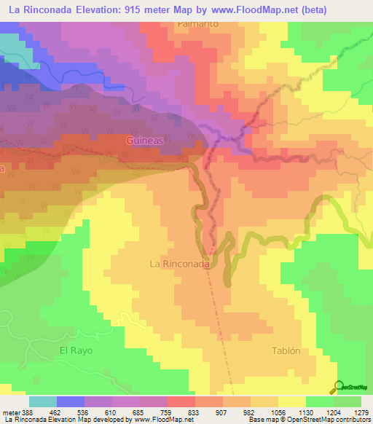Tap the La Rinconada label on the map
(x=180, y=264)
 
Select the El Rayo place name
(x=76, y=350)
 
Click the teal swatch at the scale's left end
(x=43, y=401)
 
